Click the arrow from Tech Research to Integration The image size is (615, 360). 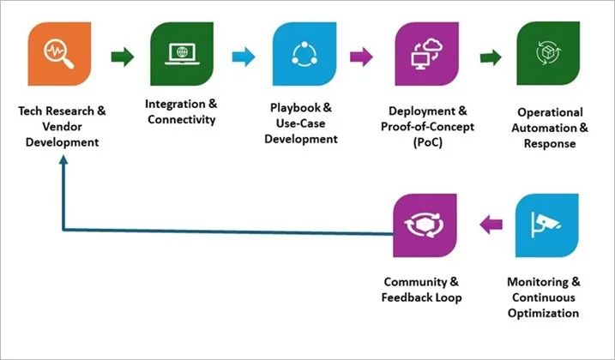(123, 57)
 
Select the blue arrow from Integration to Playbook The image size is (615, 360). (244, 57)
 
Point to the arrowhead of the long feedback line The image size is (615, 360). (63, 168)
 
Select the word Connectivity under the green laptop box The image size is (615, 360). (181, 119)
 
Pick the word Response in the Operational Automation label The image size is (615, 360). (550, 143)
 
